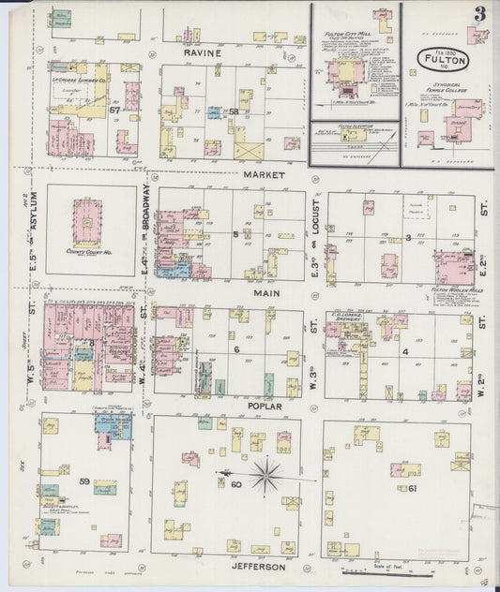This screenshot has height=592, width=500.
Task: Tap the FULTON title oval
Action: tap(439, 59)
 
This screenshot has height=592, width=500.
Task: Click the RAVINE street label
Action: tap(203, 53)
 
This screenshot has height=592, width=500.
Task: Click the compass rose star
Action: tap(265, 476)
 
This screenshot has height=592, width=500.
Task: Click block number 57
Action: tap(114, 110)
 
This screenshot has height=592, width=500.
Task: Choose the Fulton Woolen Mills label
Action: tap(455, 290)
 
